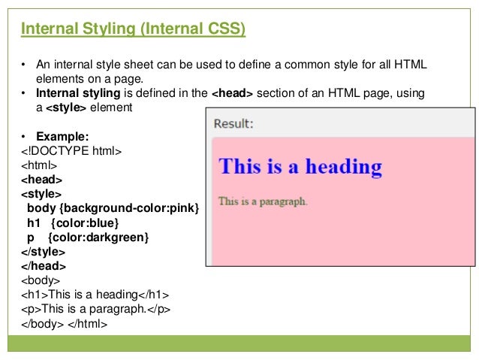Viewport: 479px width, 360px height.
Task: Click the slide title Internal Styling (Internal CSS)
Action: (x=134, y=30)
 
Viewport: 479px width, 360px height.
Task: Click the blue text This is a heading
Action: (x=300, y=166)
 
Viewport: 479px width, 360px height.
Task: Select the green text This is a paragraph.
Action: (x=263, y=201)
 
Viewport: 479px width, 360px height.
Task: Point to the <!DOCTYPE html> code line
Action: (x=71, y=151)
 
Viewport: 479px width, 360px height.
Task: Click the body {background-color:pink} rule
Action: (x=113, y=208)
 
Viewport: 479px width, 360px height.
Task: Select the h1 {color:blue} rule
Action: (x=73, y=223)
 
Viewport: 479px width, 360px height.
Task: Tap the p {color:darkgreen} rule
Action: (x=88, y=237)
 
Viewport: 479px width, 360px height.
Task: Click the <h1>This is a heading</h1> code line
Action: (x=95, y=295)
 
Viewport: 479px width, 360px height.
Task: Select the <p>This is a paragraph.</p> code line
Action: (x=95, y=309)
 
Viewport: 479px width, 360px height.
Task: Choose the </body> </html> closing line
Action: (x=65, y=324)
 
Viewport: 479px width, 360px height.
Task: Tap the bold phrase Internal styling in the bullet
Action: (x=78, y=93)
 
